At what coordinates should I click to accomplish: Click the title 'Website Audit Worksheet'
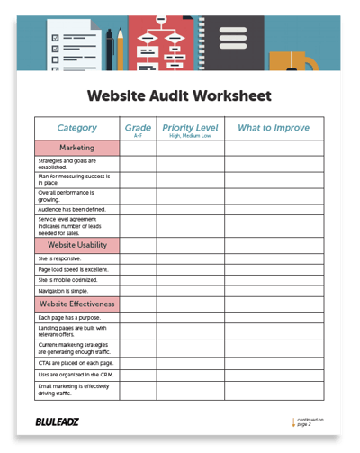coord(178,95)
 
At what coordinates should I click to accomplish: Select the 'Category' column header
coord(76,128)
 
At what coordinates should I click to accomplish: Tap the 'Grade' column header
coord(138,128)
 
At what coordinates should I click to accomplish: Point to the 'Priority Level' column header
coord(190,128)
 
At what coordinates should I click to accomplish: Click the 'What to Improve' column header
coord(274,128)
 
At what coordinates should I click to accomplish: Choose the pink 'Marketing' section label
coord(76,148)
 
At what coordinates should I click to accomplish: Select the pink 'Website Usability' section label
coord(76,244)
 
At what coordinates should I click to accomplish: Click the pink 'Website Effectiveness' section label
coord(76,304)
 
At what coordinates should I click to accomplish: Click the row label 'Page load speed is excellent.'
coord(73,269)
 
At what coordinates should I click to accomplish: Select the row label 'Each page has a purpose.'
coord(69,318)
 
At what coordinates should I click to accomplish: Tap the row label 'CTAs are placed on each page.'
coord(75,361)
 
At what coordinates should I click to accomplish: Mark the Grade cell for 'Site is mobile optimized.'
coord(138,280)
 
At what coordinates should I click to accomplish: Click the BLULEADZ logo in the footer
coord(59,421)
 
